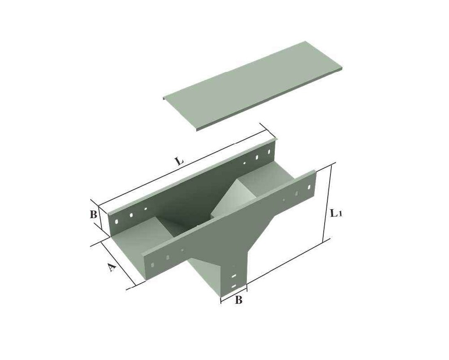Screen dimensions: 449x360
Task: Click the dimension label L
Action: (179, 161)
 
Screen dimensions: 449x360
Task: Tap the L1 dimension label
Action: (335, 213)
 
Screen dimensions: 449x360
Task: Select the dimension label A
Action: (112, 268)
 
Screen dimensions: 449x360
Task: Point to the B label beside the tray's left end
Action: (93, 215)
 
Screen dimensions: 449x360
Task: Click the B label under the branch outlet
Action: (239, 300)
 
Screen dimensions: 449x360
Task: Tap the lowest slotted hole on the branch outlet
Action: (233, 286)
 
